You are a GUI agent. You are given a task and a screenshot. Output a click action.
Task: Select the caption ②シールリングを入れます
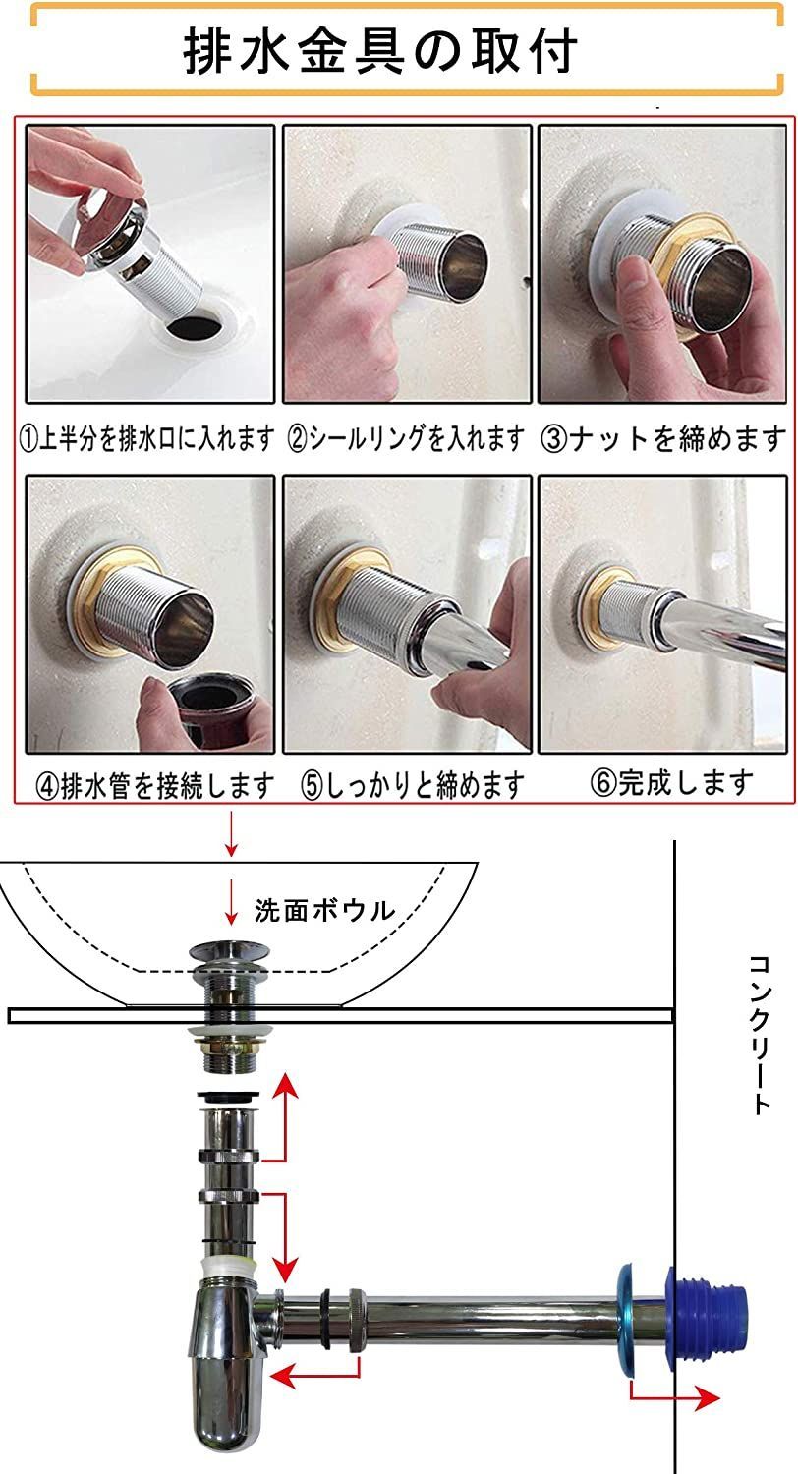click(406, 438)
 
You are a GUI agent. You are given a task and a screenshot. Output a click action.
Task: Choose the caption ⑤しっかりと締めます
click(413, 786)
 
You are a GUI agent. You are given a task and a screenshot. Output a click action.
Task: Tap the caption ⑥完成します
click(672, 782)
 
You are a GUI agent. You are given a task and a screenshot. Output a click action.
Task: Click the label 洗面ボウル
click(324, 910)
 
